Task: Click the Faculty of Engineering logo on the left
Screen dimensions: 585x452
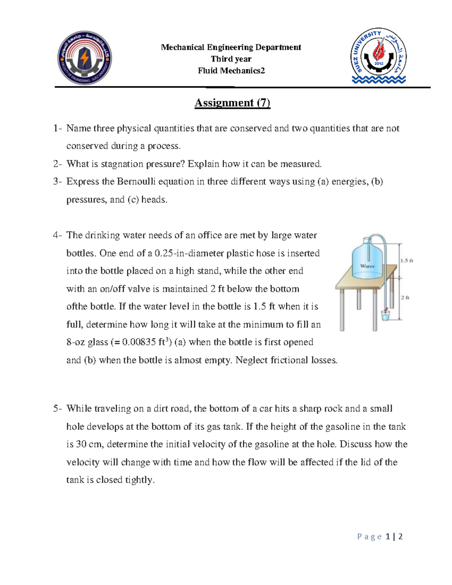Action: (x=84, y=58)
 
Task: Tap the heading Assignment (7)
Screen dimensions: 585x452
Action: (x=232, y=103)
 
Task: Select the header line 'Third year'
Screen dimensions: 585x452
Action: (x=231, y=59)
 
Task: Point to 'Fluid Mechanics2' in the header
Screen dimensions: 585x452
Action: (x=231, y=70)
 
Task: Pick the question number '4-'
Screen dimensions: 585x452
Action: (x=57, y=235)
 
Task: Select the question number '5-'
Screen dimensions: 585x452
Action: (x=57, y=409)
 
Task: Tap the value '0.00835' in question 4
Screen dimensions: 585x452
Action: (x=139, y=342)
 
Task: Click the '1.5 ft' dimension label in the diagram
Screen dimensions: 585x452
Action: (x=407, y=260)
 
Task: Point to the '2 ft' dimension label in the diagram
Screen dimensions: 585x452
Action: (x=405, y=298)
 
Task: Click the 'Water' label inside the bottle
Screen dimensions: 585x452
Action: (x=367, y=266)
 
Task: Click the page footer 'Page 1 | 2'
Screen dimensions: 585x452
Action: (x=380, y=536)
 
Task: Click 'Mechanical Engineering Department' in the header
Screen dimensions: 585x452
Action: (x=231, y=47)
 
